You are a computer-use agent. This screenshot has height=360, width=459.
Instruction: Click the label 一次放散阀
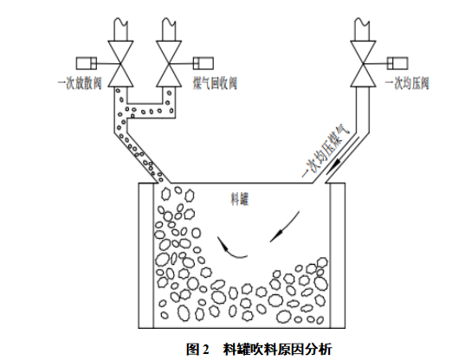[80, 83]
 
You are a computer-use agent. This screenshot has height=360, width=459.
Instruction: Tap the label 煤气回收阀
[215, 83]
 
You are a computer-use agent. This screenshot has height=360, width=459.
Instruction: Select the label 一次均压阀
[407, 83]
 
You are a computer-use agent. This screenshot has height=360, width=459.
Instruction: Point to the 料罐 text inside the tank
[240, 199]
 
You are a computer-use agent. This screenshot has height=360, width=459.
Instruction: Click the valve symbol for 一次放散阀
[120, 64]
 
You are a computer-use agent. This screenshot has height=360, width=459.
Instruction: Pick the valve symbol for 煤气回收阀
[169, 64]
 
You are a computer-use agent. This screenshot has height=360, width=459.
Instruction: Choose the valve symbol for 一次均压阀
[363, 64]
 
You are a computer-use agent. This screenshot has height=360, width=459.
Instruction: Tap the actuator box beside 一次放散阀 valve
[87, 63]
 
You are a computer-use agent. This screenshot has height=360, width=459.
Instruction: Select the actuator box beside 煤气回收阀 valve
[204, 63]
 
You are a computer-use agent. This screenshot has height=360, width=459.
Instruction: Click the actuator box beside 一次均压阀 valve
[398, 63]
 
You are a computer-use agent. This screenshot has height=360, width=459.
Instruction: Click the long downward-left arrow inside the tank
[285, 227]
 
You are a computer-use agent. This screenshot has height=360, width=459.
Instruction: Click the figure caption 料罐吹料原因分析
[277, 349]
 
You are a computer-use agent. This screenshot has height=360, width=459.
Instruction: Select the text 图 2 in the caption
[197, 349]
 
